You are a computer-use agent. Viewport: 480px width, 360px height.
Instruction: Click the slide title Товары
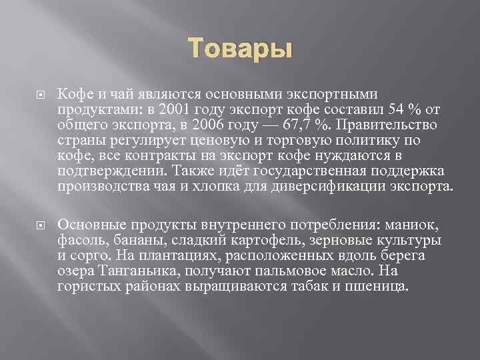tap(239, 49)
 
